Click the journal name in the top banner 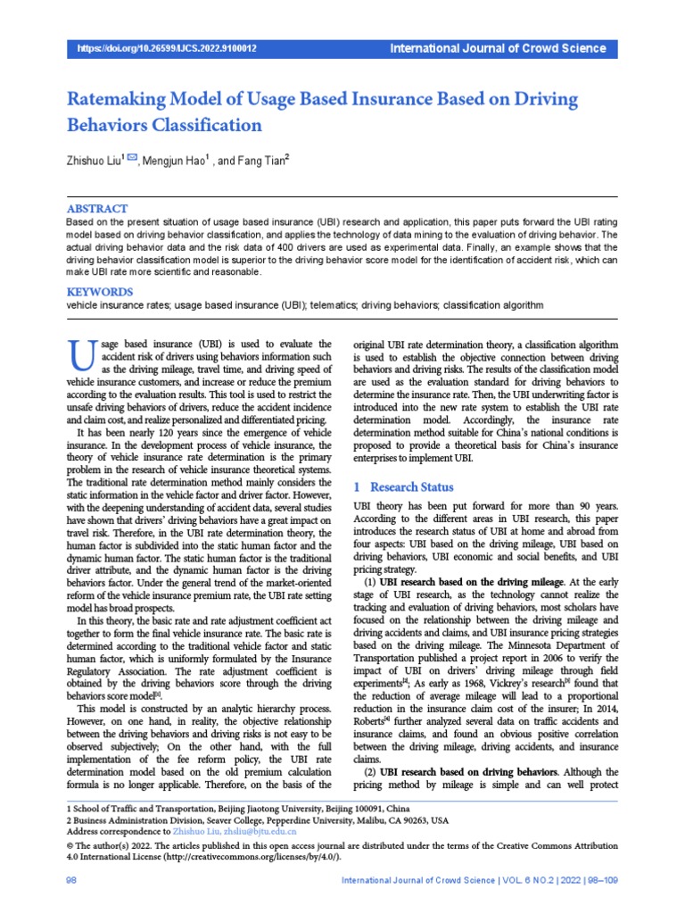click(498, 48)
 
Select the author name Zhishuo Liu click(95, 161)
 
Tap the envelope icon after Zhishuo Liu click(133, 159)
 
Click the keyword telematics click(338, 305)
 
